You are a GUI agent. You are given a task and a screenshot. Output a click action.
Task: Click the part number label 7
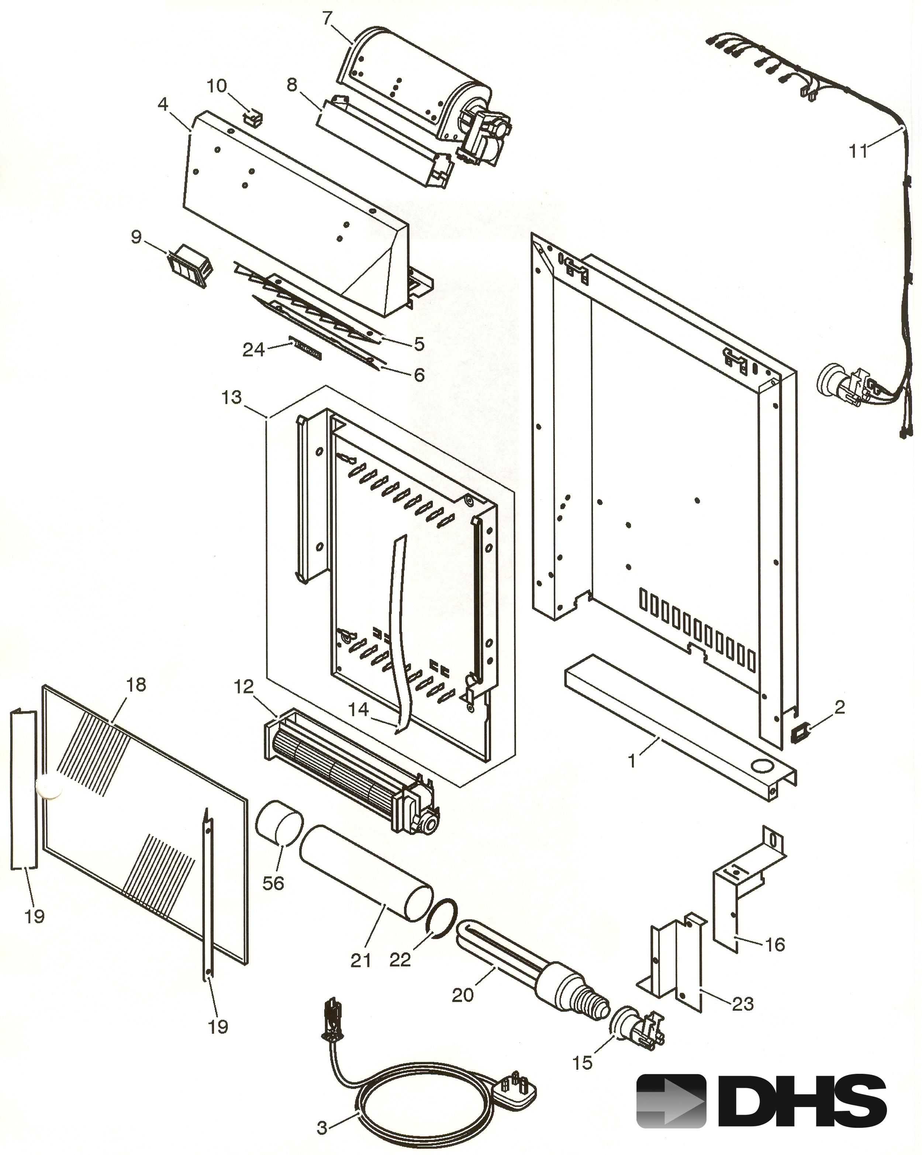click(327, 18)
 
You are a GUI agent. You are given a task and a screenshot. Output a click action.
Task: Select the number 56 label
click(273, 883)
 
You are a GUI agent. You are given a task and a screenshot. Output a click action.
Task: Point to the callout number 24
click(253, 350)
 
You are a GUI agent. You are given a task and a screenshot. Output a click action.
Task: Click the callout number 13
click(231, 398)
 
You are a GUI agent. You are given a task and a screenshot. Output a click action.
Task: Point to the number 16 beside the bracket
click(775, 945)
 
